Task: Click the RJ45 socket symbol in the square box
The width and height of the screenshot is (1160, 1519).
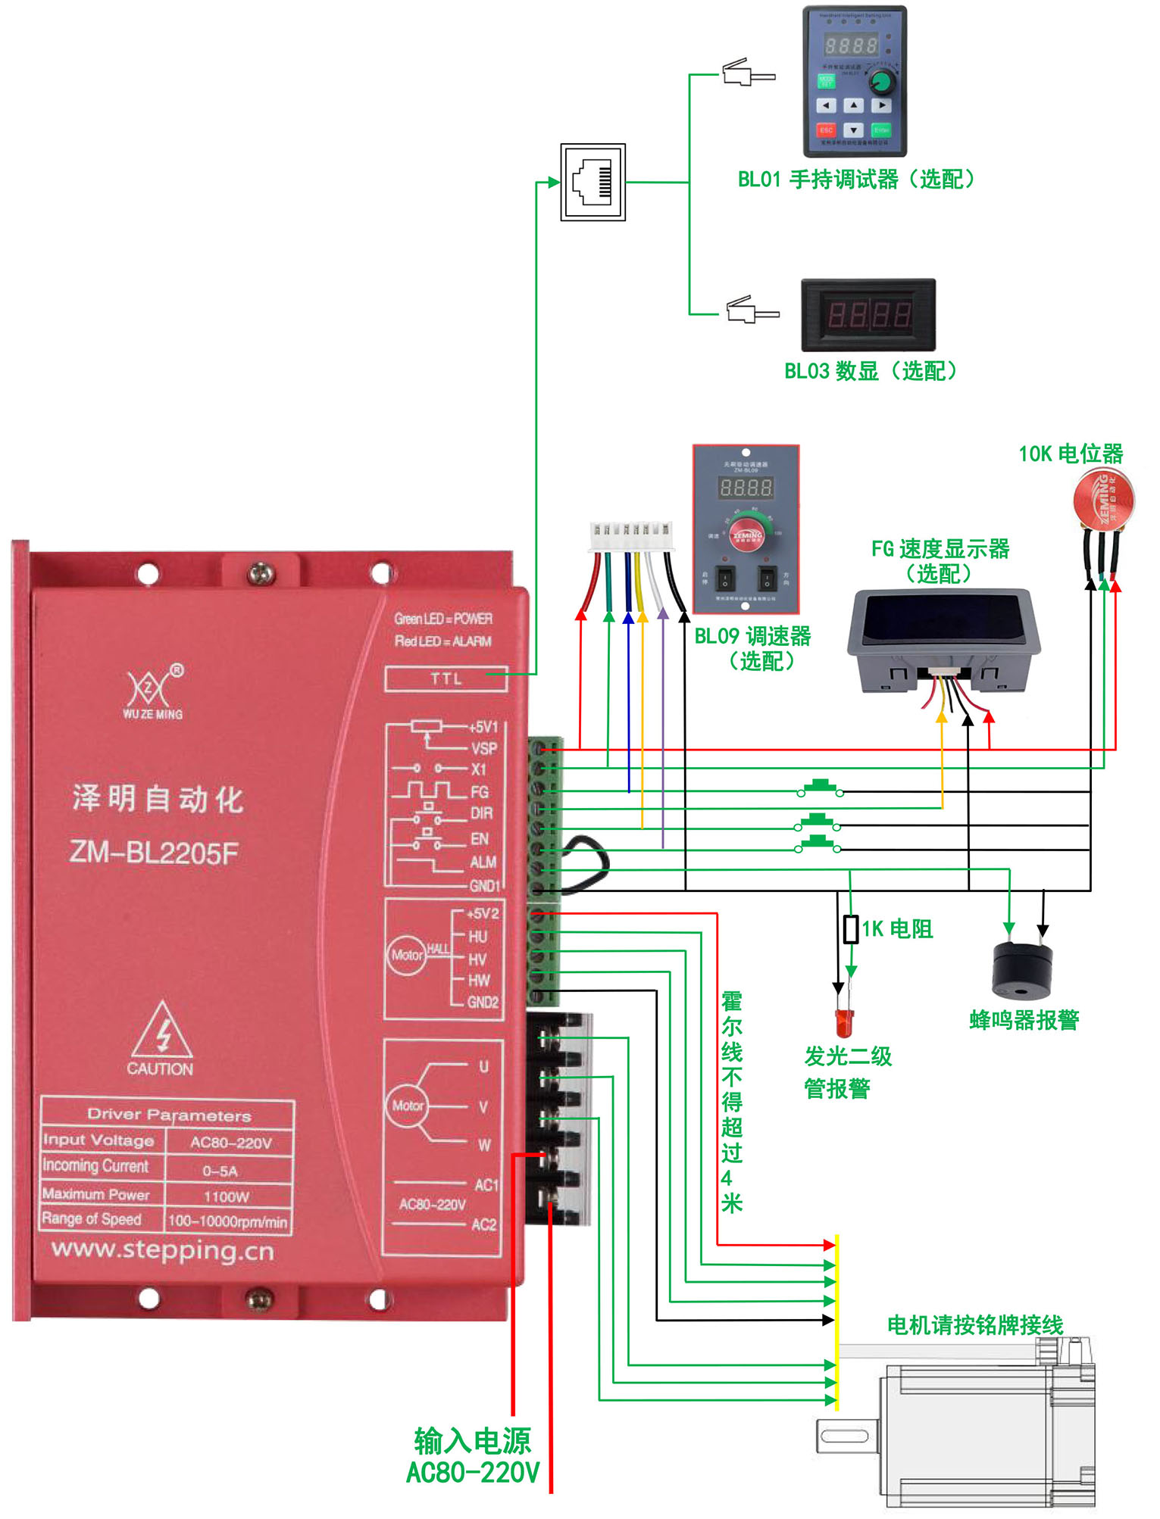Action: pos(593,182)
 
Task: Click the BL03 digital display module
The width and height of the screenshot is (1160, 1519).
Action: pos(868,315)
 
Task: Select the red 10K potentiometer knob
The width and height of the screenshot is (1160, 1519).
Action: pos(1103,499)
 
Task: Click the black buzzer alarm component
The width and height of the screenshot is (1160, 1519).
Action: pos(1022,971)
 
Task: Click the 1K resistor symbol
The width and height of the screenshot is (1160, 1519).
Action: pos(851,929)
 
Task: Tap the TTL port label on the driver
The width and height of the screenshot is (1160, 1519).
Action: pos(446,678)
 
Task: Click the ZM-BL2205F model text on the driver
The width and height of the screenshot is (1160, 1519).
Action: pos(154,853)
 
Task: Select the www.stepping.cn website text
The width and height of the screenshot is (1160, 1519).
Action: pos(162,1249)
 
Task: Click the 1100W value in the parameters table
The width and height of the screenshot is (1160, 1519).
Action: pos(227,1196)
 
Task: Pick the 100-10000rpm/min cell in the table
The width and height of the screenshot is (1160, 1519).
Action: pos(227,1221)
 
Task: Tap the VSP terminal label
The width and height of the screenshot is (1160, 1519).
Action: pos(484,748)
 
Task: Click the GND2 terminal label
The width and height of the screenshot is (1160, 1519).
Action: pos(483,1002)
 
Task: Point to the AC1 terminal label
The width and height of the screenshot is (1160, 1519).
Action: pos(486,1184)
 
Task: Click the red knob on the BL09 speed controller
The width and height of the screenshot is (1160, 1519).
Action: pos(747,535)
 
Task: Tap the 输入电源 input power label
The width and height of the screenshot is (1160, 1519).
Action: pos(473,1441)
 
